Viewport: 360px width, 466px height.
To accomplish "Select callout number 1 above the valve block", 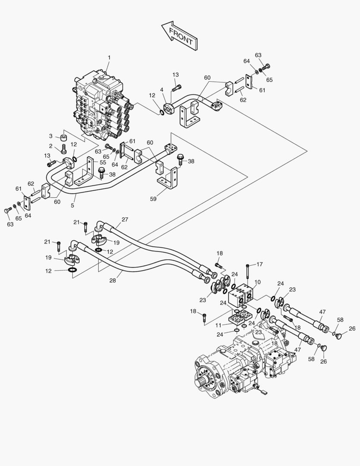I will [x=109, y=57].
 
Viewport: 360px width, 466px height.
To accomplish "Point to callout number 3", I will [x=50, y=136].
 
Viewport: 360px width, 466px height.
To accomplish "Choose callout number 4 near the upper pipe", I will [x=162, y=90].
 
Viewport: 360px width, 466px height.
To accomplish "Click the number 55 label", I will [x=103, y=162].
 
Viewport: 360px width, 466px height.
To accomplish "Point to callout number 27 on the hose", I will [x=125, y=220].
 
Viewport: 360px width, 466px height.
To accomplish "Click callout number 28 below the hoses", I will [x=113, y=281].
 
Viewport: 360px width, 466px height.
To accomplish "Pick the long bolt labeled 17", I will [x=247, y=272].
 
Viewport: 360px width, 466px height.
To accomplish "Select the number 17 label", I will [x=260, y=264].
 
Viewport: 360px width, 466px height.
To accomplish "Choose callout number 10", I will [x=257, y=282].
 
